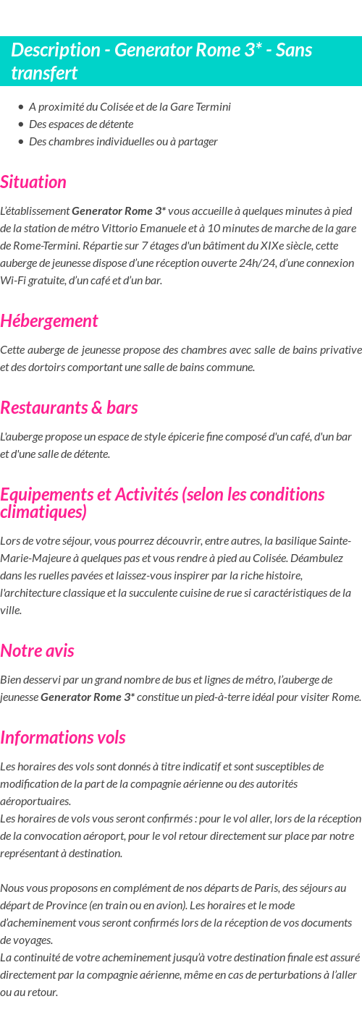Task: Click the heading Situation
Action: pyautogui.click(x=33, y=182)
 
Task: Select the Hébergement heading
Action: pyautogui.click(x=49, y=320)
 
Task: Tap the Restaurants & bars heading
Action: pyautogui.click(x=69, y=407)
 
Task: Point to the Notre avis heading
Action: pyautogui.click(x=37, y=650)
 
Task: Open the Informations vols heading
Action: pyautogui.click(x=63, y=737)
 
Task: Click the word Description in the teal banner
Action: pyautogui.click(x=56, y=50)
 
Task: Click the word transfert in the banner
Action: pyautogui.click(x=44, y=73)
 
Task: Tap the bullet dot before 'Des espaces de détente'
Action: pyautogui.click(x=21, y=124)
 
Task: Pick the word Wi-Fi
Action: pyautogui.click(x=14, y=280)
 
